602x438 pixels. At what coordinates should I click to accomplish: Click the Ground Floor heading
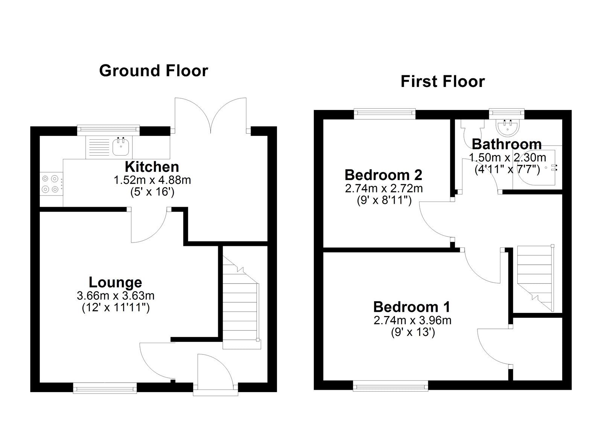tap(154, 71)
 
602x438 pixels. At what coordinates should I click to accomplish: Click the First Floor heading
tap(442, 81)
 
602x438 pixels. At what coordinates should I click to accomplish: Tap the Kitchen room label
tap(152, 166)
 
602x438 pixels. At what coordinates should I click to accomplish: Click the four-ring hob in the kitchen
tap(51, 184)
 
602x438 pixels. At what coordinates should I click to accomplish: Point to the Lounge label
tap(116, 282)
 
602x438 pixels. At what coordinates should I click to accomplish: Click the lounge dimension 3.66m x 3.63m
tap(116, 295)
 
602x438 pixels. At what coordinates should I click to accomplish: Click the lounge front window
tap(105, 388)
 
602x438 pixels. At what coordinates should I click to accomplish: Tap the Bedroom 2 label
tap(383, 175)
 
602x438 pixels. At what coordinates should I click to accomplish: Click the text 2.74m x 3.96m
tap(412, 320)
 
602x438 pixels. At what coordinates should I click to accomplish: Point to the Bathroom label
tap(506, 144)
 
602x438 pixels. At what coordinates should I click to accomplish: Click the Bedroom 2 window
tap(385, 114)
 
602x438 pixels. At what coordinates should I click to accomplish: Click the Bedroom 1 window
tap(391, 385)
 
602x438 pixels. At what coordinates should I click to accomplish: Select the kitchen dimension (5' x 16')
tap(152, 192)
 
